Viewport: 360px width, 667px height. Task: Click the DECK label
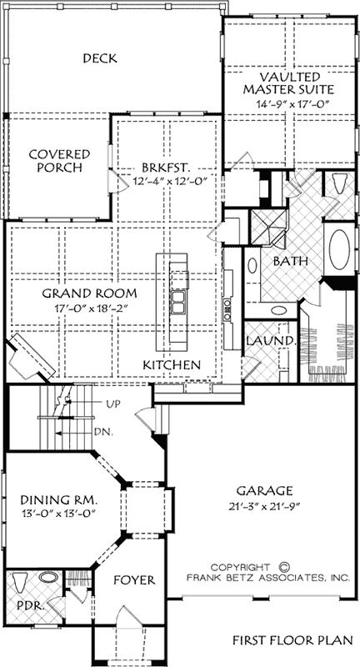point(100,58)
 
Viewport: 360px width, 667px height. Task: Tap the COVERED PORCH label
point(59,160)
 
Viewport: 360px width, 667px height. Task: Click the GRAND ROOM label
point(90,293)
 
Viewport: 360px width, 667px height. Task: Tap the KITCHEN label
point(172,364)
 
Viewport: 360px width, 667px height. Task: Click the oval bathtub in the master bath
point(339,249)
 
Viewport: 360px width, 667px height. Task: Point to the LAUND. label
point(271,341)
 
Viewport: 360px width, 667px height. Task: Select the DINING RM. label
point(60,499)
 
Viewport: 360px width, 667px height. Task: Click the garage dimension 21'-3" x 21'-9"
point(264,507)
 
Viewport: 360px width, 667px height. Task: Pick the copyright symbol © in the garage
point(284,567)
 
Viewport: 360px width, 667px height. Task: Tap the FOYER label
point(134,579)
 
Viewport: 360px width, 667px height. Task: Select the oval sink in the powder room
point(49,578)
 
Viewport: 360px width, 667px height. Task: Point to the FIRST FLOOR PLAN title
point(292,639)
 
